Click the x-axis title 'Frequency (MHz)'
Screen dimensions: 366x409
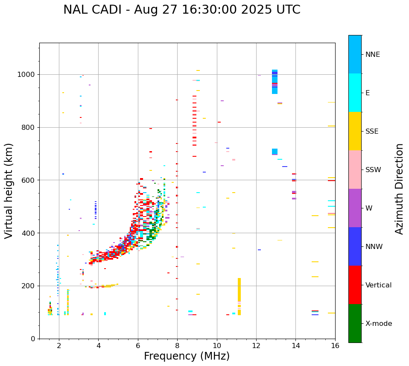point(187,356)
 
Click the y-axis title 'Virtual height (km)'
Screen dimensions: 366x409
point(9,190)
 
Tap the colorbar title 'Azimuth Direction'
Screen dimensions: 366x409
point(399,189)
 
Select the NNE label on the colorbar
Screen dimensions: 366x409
point(372,55)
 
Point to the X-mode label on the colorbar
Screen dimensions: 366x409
point(378,324)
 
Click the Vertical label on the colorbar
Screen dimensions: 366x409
point(378,285)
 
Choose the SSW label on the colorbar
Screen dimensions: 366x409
point(373,170)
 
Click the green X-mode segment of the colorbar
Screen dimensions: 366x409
point(355,323)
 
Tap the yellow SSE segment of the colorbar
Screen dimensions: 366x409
point(355,131)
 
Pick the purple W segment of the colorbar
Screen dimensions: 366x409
point(355,208)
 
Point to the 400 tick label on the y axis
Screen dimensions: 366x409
point(29,233)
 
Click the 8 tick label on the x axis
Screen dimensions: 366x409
point(177,346)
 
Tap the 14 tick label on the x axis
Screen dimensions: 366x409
point(295,346)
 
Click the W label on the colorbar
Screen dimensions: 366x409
point(368,208)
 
